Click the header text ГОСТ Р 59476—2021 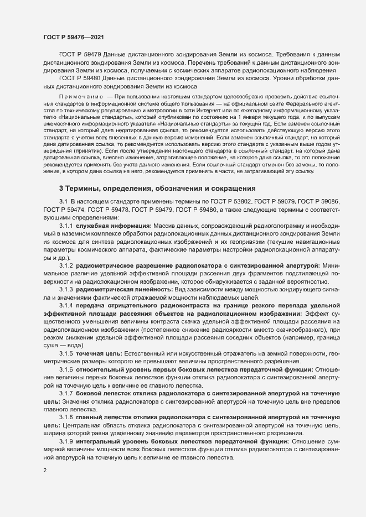(x=71, y=37)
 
